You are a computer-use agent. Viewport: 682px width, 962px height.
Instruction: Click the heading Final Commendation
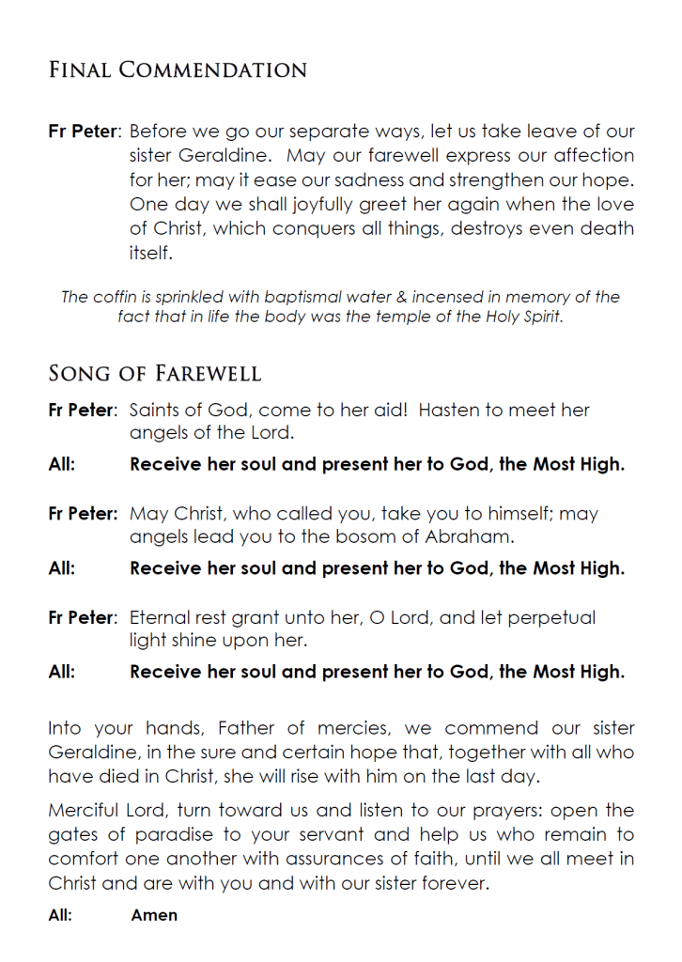click(178, 70)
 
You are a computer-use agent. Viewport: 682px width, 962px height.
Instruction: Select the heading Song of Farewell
click(155, 374)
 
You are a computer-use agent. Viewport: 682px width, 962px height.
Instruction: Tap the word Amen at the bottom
click(154, 914)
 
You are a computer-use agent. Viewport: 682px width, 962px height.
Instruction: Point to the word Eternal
click(162, 618)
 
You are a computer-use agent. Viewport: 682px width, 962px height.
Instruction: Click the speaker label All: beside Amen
click(61, 914)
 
